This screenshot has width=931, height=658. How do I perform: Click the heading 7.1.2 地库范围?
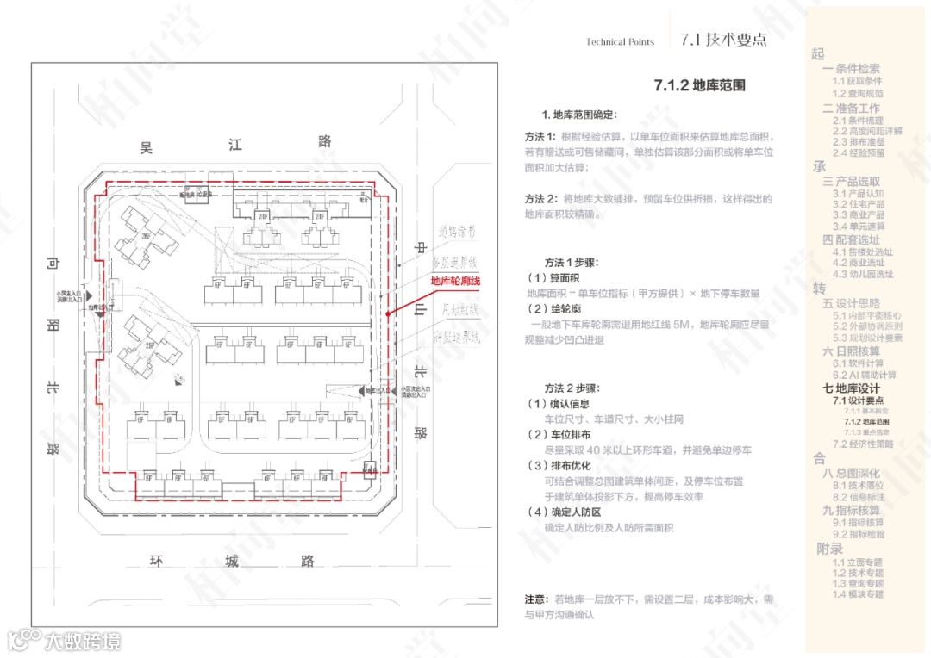coord(699,85)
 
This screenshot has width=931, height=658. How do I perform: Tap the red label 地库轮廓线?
coord(455,281)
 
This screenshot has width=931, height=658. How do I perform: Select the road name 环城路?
coord(232,562)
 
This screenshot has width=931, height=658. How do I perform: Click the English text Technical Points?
coord(620,42)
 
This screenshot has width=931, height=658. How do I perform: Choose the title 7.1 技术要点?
coord(722,40)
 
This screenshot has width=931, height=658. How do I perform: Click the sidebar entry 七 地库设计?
coord(852,388)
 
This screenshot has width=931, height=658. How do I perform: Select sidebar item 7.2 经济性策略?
coord(863,444)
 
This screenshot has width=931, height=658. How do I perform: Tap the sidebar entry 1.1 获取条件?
coord(857,81)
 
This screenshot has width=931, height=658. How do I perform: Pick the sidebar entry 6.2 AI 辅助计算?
coord(864,375)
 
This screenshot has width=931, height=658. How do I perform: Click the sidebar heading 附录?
coord(829,548)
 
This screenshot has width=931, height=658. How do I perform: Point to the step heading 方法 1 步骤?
coord(571,262)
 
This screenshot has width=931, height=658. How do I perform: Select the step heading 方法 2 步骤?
coord(571,388)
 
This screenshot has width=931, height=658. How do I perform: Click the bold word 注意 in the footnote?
coord(535,599)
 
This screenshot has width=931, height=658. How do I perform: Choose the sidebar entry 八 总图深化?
coord(851,473)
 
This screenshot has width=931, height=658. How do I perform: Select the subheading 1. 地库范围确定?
coord(579,115)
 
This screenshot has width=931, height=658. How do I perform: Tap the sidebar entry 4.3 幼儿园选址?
coord(863,274)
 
